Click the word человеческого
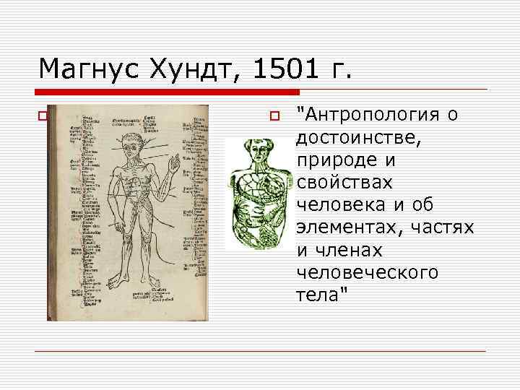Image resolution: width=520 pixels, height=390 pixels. [368, 273]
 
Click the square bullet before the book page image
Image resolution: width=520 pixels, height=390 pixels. [42, 116]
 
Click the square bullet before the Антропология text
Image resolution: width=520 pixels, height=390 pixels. [273, 116]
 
